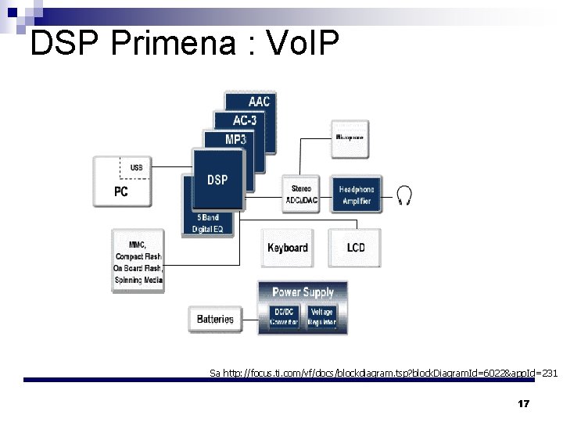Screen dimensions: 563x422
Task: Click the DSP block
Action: (218, 180)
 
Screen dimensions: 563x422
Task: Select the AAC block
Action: (259, 102)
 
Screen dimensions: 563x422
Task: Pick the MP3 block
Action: (236, 139)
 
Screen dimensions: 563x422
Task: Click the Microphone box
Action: (350, 138)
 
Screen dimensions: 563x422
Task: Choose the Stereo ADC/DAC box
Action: (301, 195)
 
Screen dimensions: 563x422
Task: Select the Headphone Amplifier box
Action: (356, 195)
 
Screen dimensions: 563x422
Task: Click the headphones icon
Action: (404, 195)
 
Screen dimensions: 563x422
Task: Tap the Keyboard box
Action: (287, 248)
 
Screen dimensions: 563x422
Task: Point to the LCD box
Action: (355, 248)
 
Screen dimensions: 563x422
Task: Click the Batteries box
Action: (215, 319)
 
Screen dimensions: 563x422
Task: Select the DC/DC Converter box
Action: (283, 316)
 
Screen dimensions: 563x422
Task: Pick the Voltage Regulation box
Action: (321, 316)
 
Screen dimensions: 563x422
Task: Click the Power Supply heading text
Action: (303, 292)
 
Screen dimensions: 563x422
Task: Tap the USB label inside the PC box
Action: (136, 167)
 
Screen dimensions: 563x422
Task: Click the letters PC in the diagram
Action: (120, 191)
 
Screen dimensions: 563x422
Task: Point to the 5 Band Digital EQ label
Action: (207, 224)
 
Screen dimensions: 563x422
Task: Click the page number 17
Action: (524, 404)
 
